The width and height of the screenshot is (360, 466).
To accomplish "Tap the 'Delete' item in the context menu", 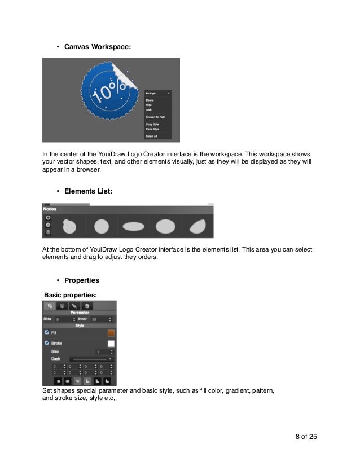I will [x=150, y=100].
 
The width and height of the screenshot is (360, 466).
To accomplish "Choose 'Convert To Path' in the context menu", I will [x=155, y=117].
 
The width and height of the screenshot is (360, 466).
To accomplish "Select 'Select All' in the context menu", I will [x=151, y=136].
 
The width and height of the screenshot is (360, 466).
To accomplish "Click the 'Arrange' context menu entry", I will [x=151, y=93].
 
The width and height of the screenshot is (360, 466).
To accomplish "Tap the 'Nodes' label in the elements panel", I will [x=51, y=209].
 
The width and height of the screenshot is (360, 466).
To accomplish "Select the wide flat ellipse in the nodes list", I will [x=133, y=227].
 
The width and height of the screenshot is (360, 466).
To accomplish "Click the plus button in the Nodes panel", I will [x=48, y=217].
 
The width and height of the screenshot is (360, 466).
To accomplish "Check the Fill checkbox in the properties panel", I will [x=46, y=332].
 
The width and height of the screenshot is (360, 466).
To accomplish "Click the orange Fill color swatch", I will [x=111, y=333].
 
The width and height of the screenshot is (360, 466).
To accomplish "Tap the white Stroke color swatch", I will [x=111, y=343].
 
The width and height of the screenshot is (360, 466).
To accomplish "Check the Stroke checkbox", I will [x=46, y=342].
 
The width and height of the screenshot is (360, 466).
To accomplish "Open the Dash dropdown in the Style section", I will [x=91, y=359].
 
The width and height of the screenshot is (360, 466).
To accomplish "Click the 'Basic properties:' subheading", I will [x=71, y=295].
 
